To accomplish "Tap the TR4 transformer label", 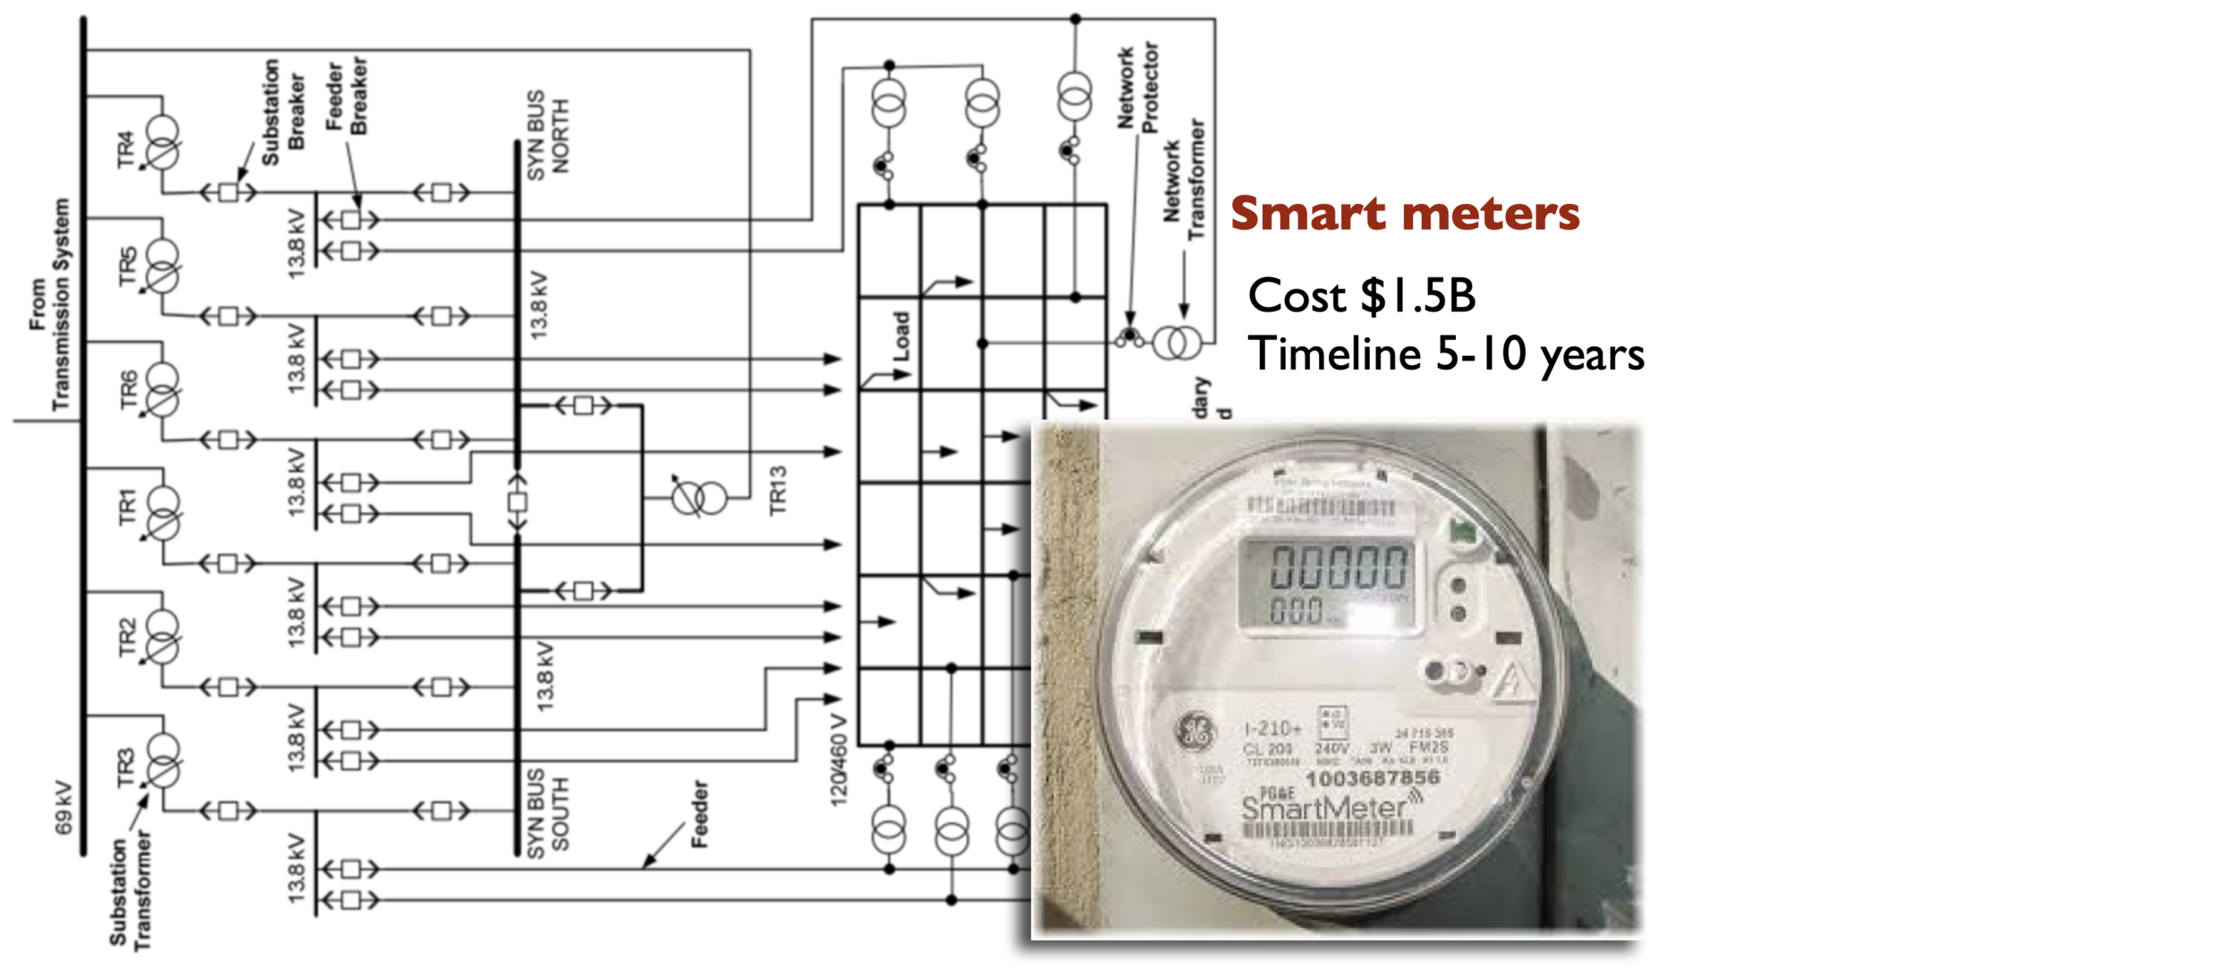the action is (125, 149).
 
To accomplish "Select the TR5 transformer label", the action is (127, 267).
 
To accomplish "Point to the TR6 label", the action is (129, 389).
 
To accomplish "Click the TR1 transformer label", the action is (127, 507).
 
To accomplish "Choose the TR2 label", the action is (127, 636).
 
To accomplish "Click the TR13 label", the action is (778, 490).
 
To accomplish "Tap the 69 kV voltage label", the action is (64, 807).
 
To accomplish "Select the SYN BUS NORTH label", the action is (548, 134).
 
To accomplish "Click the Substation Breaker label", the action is (283, 111).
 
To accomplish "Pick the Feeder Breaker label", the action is (346, 95).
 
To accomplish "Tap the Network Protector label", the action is (1137, 88).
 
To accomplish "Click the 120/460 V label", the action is (838, 760).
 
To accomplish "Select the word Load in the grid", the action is (901, 336).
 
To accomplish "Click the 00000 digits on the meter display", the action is (1339, 567).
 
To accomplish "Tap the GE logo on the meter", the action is (1196, 732).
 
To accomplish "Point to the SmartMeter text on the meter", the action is (1324, 809).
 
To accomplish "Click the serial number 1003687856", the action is (1372, 778).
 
